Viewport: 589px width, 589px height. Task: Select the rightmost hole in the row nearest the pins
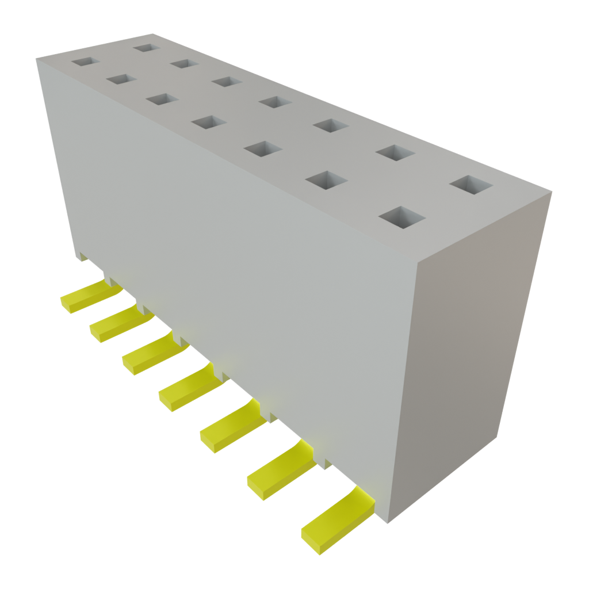click(402, 218)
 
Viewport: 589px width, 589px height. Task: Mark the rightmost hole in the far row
click(472, 185)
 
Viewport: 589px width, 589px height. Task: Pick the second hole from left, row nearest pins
click(120, 79)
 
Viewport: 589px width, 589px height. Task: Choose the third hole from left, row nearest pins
click(162, 99)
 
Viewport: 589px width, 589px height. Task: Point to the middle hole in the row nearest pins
click(209, 122)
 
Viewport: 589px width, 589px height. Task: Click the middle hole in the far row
click(275, 102)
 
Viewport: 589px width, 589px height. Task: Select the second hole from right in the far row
click(396, 152)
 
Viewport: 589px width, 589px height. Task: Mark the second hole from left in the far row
click(184, 63)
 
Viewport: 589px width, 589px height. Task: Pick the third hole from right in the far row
click(331, 125)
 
